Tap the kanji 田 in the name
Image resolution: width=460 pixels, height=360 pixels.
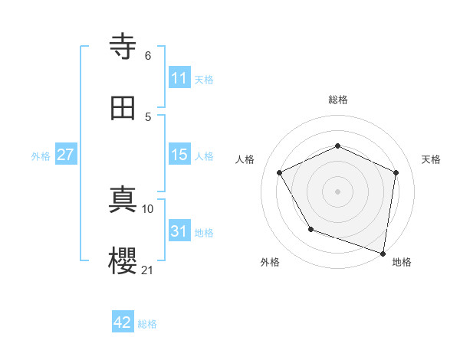(x=123, y=110)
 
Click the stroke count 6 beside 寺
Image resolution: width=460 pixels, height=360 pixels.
(x=147, y=55)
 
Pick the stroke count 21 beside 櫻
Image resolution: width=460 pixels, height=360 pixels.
(x=147, y=270)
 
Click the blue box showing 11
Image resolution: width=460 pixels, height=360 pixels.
(x=179, y=78)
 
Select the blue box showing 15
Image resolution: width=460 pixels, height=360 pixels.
(x=179, y=155)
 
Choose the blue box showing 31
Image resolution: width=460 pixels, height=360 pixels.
(x=179, y=231)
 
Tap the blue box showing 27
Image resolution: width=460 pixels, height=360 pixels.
(x=66, y=155)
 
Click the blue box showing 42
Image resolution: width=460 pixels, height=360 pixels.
(x=123, y=322)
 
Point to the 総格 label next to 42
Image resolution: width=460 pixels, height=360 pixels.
(x=147, y=324)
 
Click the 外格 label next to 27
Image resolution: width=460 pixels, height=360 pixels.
(x=41, y=156)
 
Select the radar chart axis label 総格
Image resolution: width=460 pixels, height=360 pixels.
(x=338, y=100)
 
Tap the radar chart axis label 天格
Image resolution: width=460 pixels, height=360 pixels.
(x=432, y=159)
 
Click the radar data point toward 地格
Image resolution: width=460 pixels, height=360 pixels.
(x=383, y=253)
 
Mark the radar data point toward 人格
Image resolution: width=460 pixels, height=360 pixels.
(x=280, y=172)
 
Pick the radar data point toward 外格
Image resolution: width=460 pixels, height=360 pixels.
(x=310, y=229)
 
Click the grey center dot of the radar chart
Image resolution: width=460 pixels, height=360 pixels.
(x=338, y=191)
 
